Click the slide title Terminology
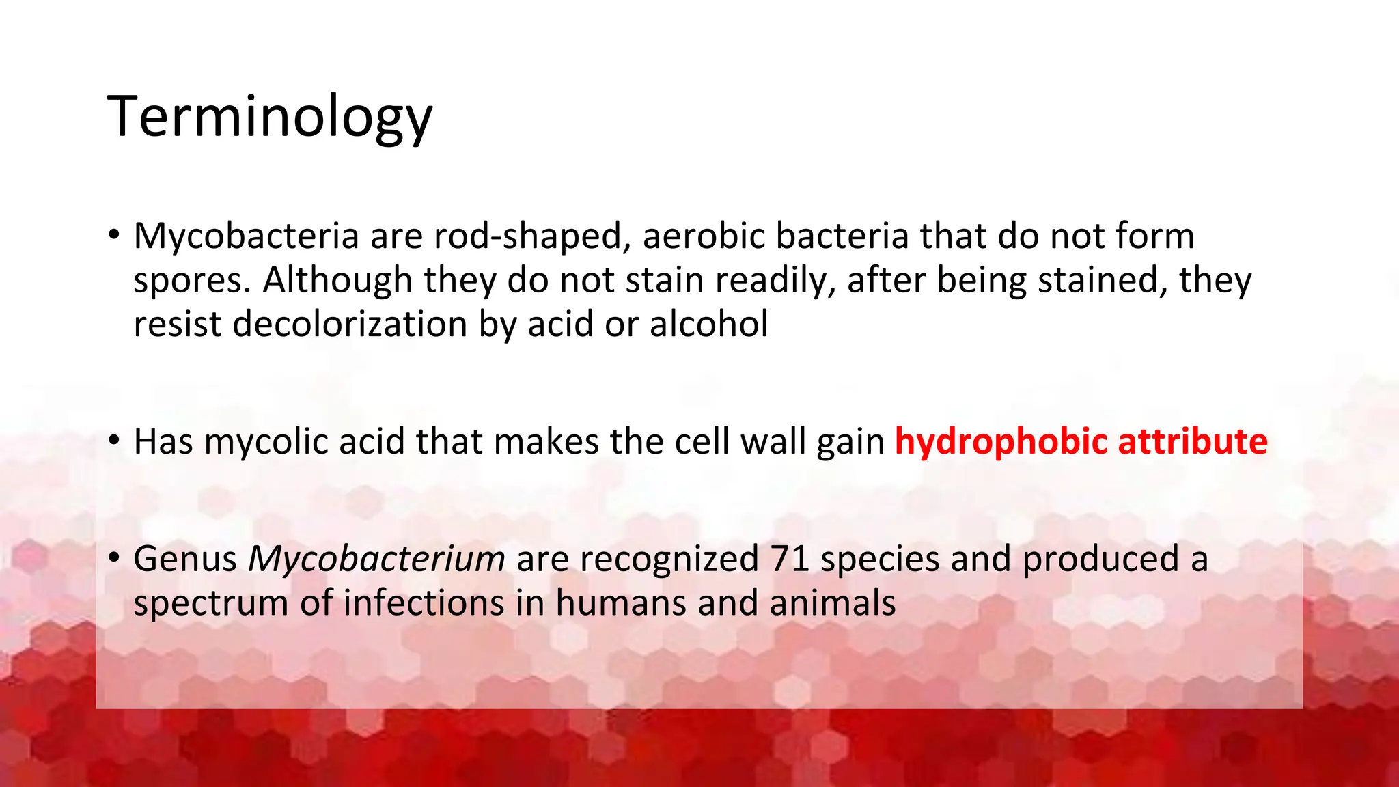(270, 116)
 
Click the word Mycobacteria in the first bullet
(246, 236)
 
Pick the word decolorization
(349, 324)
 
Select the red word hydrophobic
(1001, 441)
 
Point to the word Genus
(185, 559)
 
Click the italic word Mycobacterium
(376, 559)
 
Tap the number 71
(789, 559)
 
